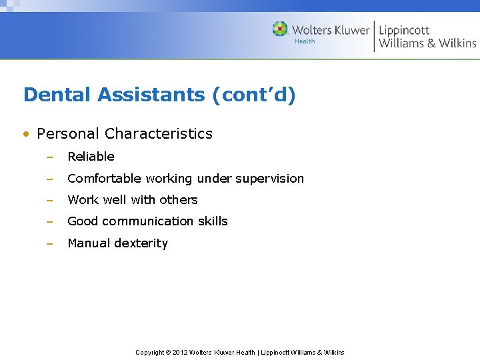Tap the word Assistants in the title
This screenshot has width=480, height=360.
coord(151,95)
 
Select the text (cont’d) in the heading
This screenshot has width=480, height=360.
coord(253,95)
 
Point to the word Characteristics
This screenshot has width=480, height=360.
coord(159,133)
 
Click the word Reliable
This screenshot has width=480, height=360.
coord(91,157)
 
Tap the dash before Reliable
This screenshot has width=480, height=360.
coord(49,157)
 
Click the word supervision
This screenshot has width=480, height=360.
coord(270,179)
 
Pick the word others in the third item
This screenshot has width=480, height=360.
coord(179,200)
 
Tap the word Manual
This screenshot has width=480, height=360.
coord(89,243)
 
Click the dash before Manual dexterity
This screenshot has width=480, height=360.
coord(49,243)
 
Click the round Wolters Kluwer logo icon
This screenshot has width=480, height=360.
coord(280,29)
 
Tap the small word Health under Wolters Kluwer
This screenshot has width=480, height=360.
coord(304,41)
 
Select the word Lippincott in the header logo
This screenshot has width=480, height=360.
coord(404,30)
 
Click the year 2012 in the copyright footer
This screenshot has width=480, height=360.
coord(180,352)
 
